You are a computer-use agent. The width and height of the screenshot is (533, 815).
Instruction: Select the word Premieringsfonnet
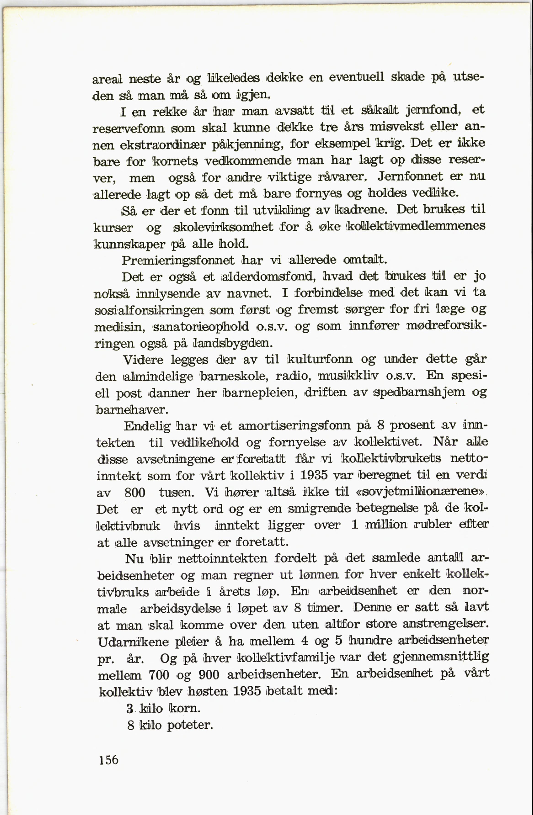point(178,261)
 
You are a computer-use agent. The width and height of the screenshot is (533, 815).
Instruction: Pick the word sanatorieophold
point(201,327)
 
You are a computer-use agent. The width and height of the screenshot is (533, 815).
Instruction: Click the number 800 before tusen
point(135,493)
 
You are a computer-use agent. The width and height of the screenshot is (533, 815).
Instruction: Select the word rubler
point(432,525)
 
